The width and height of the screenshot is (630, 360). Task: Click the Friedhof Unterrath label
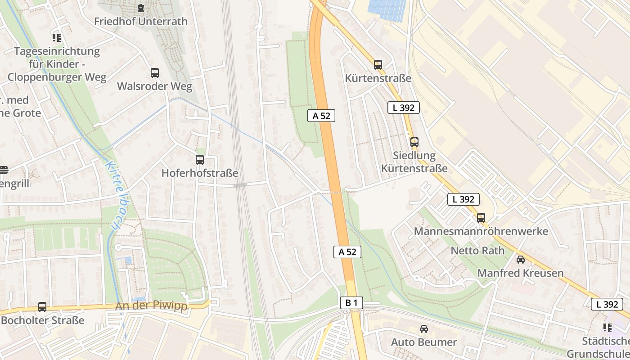140,21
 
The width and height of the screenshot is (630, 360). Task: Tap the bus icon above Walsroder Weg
154,72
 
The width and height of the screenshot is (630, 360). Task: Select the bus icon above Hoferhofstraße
199,159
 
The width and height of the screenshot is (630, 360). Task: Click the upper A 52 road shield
321,116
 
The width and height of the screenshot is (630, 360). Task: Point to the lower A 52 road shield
347,252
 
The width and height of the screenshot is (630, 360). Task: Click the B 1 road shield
351,303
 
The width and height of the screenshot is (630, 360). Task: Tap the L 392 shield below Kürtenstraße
403,108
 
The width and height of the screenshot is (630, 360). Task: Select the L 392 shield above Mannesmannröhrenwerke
463,199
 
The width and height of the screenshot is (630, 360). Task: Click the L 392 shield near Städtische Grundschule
607,304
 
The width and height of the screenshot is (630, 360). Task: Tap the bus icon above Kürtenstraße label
378,64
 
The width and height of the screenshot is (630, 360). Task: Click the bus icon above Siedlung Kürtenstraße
414,142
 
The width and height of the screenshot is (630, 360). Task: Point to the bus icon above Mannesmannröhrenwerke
481,218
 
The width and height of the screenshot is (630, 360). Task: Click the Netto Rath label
477,251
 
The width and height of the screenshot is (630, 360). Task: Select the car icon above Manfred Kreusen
520,260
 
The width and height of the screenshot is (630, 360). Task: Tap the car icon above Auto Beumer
423,329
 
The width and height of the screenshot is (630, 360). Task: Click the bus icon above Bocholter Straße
42,307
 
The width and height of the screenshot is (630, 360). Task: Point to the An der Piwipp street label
151,306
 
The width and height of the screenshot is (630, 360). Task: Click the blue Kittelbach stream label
112,196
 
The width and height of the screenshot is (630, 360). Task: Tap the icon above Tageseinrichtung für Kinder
56,37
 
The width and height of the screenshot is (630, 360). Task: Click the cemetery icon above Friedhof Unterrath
141,8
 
